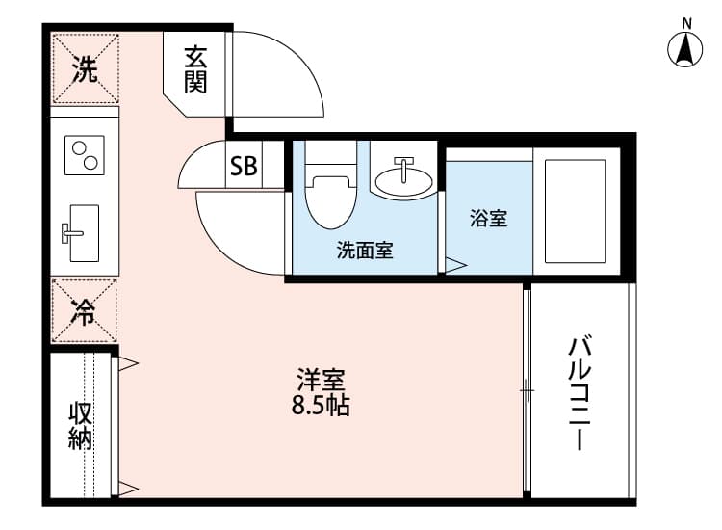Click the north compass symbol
(x=685, y=48)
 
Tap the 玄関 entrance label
(x=195, y=70)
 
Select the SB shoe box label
(x=244, y=166)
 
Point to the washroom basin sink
(x=403, y=177)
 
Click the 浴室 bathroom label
(x=488, y=218)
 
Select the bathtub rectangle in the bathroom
(x=575, y=211)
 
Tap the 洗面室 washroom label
(x=365, y=250)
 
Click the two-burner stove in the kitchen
(x=85, y=155)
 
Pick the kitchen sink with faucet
(x=81, y=233)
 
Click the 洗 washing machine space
(x=85, y=68)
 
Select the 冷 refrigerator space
(x=84, y=310)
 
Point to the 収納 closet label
(x=80, y=426)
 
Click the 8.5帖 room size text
(x=321, y=406)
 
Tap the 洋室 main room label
(x=321, y=380)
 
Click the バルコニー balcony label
(x=580, y=393)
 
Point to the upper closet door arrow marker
(x=128, y=364)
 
